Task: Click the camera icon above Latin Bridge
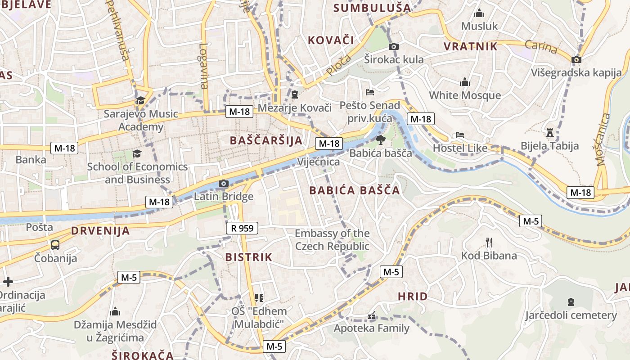(x=223, y=183)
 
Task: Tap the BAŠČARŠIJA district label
(x=266, y=140)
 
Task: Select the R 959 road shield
(x=242, y=228)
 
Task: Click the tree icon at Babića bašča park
(x=381, y=139)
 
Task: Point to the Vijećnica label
(x=319, y=162)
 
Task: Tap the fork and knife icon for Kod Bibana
(x=489, y=243)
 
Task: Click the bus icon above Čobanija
(x=55, y=245)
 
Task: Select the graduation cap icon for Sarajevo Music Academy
(x=140, y=100)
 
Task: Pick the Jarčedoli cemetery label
(x=571, y=315)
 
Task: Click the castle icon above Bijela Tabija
(x=549, y=132)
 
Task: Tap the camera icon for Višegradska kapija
(x=576, y=59)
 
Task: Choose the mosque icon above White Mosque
(x=465, y=82)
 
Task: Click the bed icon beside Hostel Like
(x=459, y=135)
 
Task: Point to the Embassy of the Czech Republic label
(x=332, y=240)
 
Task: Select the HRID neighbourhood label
(x=412, y=297)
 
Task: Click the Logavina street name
(x=204, y=66)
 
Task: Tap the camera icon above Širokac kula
(x=394, y=46)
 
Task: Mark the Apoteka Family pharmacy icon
(x=372, y=315)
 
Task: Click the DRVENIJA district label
(x=100, y=231)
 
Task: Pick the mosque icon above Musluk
(x=479, y=13)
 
